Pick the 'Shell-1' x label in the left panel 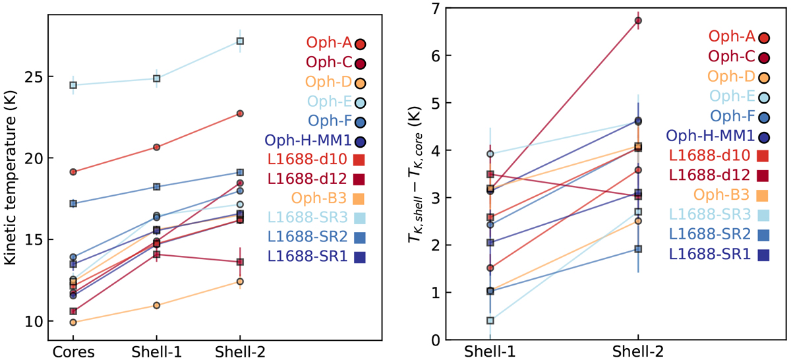coord(156,351)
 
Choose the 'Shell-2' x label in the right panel coord(637,351)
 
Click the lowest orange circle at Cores coord(73,322)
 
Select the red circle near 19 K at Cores coord(73,172)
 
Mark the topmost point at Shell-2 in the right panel coord(637,20)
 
